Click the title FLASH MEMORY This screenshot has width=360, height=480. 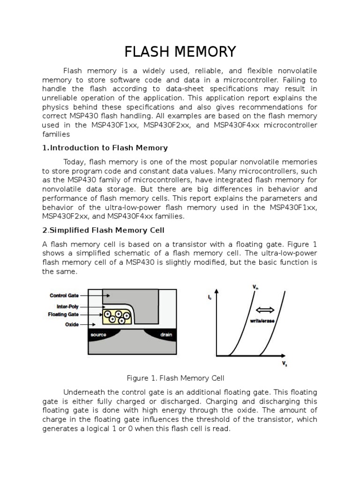point(180,51)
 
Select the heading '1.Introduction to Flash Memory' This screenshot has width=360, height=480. point(105,148)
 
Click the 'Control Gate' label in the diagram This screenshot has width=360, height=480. point(64,296)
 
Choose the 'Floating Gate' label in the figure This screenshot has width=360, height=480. point(63,315)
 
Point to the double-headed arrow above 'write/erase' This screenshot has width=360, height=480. point(266,310)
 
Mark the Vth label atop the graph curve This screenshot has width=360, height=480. point(255,287)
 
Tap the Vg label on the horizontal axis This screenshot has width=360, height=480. point(285,364)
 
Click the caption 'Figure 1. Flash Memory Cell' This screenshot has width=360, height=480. point(176,378)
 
